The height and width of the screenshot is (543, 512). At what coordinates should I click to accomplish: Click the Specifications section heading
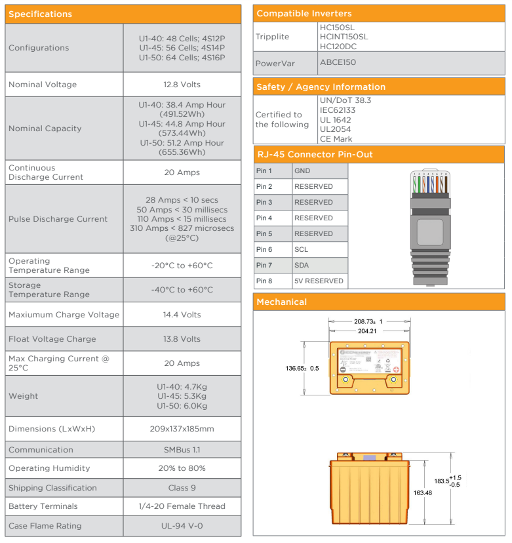point(41,14)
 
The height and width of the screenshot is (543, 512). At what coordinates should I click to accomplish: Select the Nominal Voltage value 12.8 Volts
point(182,85)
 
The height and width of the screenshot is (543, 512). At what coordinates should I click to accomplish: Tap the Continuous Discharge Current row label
point(46,172)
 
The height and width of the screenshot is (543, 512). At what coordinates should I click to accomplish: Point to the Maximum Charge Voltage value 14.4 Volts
point(182,315)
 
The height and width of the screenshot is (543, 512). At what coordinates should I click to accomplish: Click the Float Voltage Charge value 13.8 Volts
point(182,339)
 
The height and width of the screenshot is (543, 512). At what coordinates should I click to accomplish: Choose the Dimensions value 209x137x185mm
point(182,429)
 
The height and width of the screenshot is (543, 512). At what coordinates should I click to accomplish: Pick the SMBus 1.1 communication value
point(182,450)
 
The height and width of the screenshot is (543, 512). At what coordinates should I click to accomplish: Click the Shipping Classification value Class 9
point(182,488)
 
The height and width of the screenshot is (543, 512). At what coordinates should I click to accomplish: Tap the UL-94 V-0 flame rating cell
point(182,526)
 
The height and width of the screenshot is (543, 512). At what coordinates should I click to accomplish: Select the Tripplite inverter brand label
point(272,37)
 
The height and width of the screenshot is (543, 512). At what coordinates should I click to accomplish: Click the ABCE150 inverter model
point(338,62)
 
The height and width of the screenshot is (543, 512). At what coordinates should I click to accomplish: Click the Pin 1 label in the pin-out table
point(264,171)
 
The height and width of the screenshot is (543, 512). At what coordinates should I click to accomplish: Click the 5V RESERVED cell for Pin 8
point(319,281)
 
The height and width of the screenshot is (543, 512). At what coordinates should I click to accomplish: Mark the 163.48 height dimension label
point(422,493)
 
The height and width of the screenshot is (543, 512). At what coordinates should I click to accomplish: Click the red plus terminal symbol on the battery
point(396,370)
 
